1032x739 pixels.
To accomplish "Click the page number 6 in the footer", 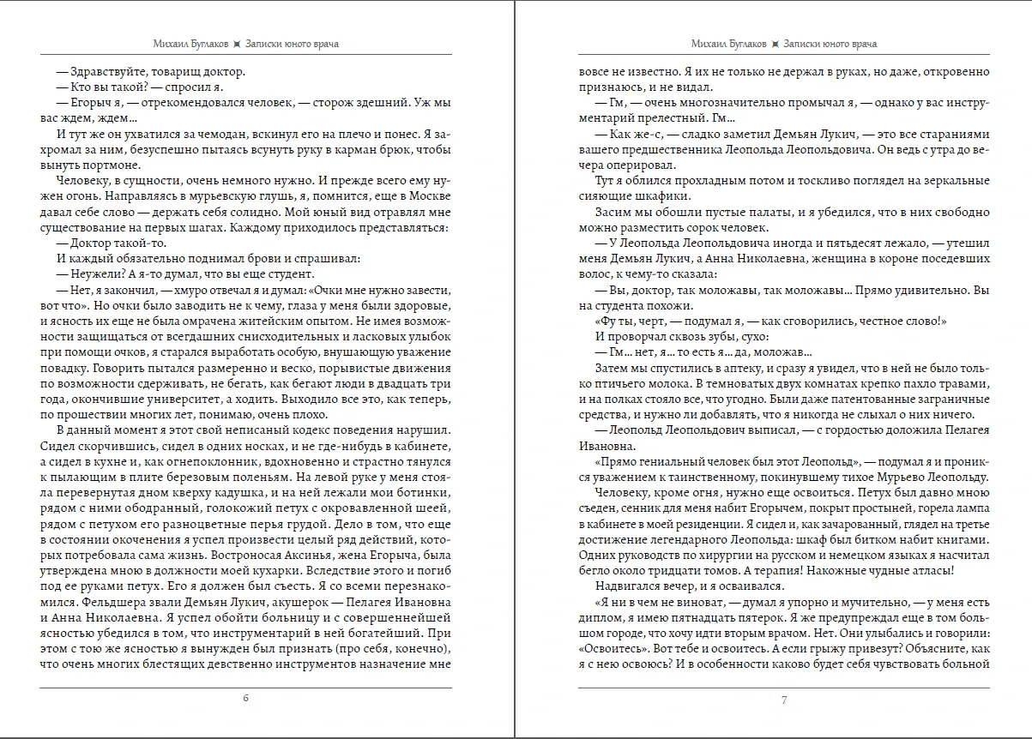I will coord(246,697).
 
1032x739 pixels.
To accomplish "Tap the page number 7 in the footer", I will coord(784,700).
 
